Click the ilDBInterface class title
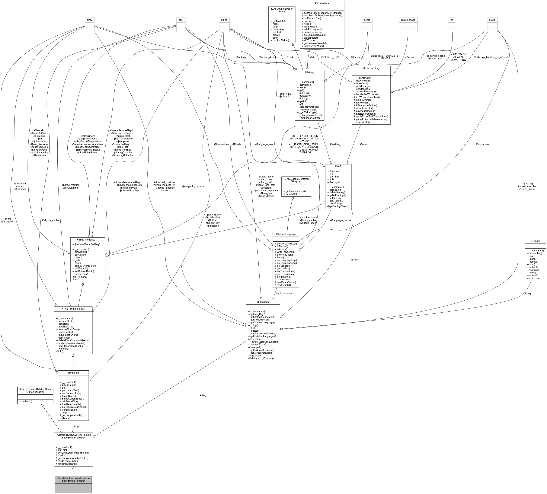pos(322,3)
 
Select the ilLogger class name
pos(535,241)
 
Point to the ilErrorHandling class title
pos(371,68)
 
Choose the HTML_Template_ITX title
pos(73,309)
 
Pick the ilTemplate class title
pos(73,373)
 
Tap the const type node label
pos(367,20)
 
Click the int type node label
pos(451,20)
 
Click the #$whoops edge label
pos(411,57)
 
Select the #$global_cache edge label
pos(284,293)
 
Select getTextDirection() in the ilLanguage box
pos(260,320)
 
